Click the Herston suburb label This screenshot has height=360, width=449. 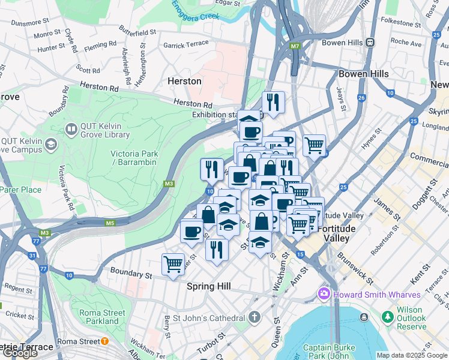click(x=184, y=81)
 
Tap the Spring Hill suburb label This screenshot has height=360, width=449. click(x=209, y=287)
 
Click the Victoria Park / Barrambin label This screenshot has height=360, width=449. click(x=134, y=158)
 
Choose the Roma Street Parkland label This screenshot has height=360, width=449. click(x=102, y=316)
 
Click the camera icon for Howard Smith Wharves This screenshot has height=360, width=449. click(x=324, y=295)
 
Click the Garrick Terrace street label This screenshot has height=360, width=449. click(x=186, y=44)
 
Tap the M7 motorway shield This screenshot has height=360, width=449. click(x=294, y=46)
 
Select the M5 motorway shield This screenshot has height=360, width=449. click(x=109, y=223)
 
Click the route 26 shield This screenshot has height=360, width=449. click(x=361, y=98)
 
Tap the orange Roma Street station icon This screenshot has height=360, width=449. click(x=104, y=341)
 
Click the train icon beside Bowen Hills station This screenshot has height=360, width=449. click(x=370, y=43)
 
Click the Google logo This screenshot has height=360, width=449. click(x=20, y=353)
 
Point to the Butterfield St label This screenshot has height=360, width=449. click(x=137, y=29)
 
